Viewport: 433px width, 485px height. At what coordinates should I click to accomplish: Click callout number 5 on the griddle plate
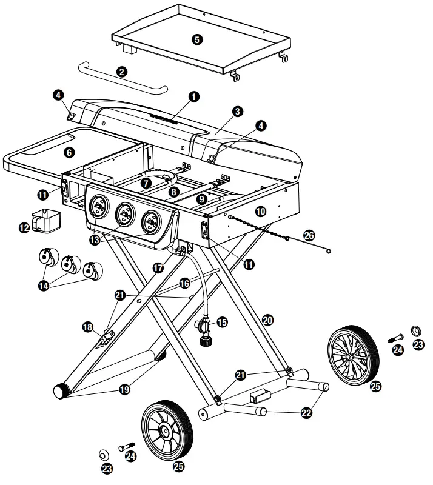click(196, 39)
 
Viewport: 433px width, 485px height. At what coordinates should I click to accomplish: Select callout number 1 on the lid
click(193, 96)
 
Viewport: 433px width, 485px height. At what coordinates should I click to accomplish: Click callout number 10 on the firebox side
click(260, 212)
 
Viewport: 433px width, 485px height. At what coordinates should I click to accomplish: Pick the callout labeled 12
click(24, 228)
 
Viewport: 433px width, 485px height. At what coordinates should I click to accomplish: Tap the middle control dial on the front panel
click(124, 213)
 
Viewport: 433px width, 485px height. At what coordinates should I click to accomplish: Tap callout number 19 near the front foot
click(124, 390)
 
